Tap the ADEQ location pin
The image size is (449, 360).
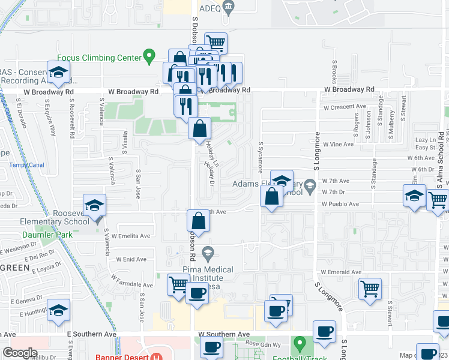coord(228,8)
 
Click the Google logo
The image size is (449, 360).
coord(19,353)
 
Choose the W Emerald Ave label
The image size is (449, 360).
coord(342,272)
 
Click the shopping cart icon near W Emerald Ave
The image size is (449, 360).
coord(370,288)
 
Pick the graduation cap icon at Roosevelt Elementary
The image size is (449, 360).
coord(94,206)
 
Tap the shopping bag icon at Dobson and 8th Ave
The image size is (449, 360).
coord(198,221)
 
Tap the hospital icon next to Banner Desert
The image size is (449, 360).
coord(157,356)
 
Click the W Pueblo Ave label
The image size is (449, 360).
coord(340,204)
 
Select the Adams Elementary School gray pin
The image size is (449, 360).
coord(310,186)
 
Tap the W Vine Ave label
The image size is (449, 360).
coord(337,144)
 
